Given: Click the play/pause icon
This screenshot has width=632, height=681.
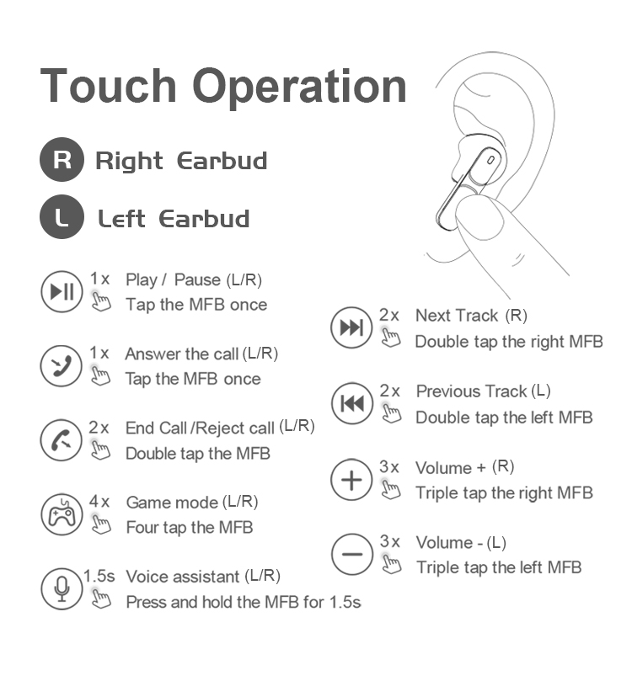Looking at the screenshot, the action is click(62, 291).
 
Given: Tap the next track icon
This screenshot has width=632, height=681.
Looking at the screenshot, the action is click(351, 327).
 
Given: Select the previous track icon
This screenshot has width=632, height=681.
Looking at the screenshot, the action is click(352, 403).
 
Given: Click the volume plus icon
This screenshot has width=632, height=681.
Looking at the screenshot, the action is click(351, 480).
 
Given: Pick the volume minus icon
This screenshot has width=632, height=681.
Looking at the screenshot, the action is click(352, 554).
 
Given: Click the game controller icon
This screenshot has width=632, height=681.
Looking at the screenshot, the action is click(62, 514).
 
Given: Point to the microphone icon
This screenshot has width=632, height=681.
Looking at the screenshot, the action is click(62, 589).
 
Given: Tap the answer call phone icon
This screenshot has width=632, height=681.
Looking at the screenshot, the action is click(62, 366).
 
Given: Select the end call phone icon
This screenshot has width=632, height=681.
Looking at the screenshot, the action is click(62, 440).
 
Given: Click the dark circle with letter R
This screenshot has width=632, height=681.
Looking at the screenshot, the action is click(62, 159).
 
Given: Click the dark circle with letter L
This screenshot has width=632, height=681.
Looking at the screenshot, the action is click(62, 216).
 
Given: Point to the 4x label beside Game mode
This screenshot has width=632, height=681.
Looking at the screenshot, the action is click(99, 502).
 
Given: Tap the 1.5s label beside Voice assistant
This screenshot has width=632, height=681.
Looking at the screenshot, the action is click(99, 576).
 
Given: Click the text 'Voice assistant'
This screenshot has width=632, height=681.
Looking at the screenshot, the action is click(183, 577).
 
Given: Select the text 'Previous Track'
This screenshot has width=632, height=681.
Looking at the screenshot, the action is click(472, 391).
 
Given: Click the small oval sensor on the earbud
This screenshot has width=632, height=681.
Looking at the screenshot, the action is click(490, 160).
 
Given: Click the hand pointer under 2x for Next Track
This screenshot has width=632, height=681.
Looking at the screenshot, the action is click(390, 338).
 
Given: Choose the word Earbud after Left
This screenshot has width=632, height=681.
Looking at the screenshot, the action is click(204, 219).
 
